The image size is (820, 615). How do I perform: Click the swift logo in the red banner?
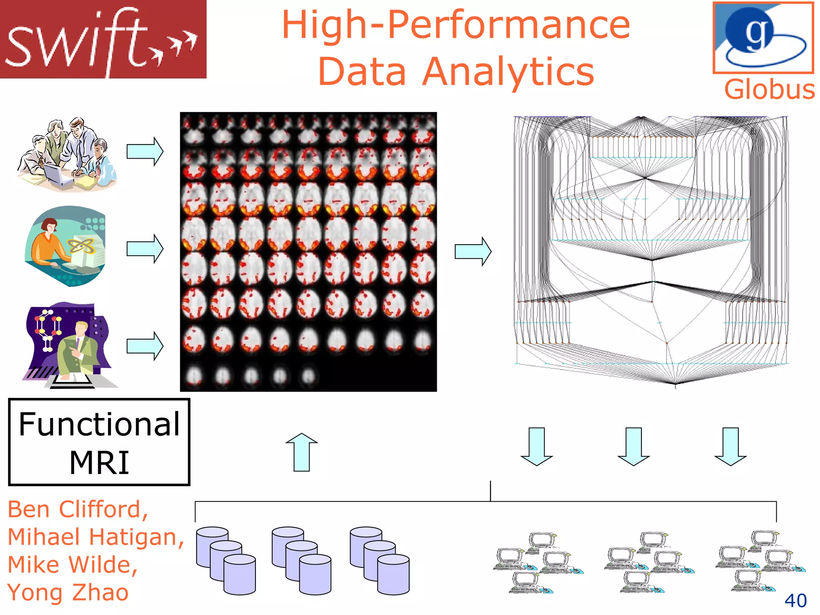(x=102, y=39)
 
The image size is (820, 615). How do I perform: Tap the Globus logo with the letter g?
(x=763, y=38)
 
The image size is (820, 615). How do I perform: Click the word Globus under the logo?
(x=770, y=90)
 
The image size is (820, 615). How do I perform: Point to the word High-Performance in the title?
(x=456, y=25)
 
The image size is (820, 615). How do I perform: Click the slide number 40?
(x=795, y=601)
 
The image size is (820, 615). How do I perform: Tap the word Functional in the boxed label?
(x=99, y=424)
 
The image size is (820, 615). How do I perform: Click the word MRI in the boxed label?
(x=99, y=463)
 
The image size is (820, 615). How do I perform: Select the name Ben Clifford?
(x=78, y=509)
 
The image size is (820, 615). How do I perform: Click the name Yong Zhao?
(x=68, y=593)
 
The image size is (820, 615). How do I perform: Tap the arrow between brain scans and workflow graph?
(x=473, y=251)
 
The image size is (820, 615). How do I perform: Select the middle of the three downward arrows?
(x=633, y=446)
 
